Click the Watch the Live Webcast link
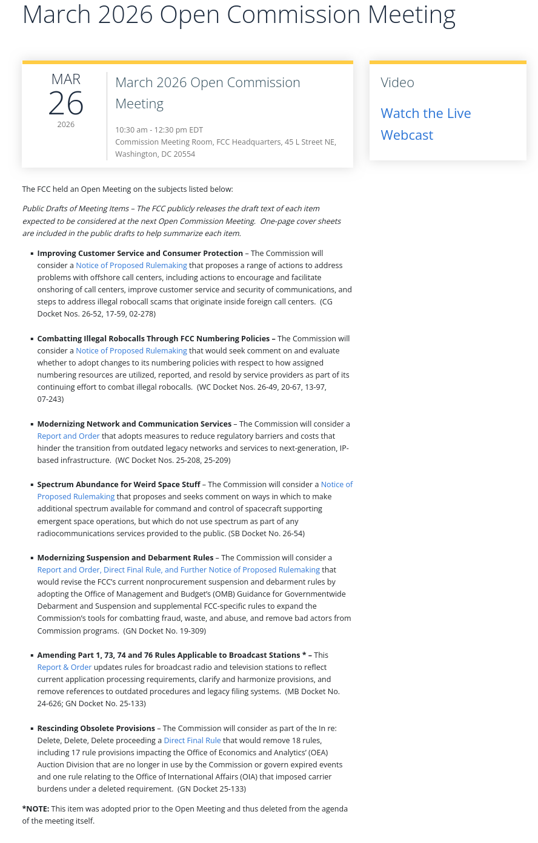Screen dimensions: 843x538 [425, 124]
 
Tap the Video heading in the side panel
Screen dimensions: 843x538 [397, 82]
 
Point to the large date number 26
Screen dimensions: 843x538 [66, 103]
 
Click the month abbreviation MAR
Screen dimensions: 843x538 [66, 79]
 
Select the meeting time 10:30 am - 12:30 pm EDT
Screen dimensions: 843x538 [159, 130]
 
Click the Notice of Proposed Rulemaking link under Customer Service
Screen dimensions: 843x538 [131, 266]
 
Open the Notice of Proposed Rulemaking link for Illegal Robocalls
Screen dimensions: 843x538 [131, 351]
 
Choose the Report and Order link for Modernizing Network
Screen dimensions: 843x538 [68, 436]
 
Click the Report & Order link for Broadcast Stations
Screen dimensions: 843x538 [64, 668]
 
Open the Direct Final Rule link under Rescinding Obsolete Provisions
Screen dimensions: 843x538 [192, 741]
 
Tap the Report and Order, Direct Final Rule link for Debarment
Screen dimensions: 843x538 [178, 570]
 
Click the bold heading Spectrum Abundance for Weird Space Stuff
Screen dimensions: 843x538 [119, 485]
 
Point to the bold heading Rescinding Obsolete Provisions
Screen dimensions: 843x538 [96, 729]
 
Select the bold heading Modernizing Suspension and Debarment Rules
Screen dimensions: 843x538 [125, 558]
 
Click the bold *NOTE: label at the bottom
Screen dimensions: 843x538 [36, 809]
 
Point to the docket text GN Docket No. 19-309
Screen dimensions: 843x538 [165, 631]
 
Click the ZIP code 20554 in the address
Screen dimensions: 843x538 [184, 154]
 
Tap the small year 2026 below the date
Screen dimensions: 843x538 [66, 125]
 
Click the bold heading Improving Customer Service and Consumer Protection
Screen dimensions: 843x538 [140, 254]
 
